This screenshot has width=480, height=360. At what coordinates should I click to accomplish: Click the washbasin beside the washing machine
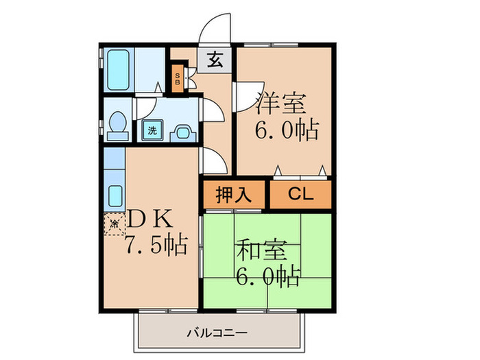click(x=182, y=131)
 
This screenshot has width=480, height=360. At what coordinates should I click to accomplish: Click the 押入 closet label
click(x=234, y=194)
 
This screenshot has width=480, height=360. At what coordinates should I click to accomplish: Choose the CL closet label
click(x=300, y=194)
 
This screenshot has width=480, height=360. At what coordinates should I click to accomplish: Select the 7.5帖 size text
click(x=156, y=245)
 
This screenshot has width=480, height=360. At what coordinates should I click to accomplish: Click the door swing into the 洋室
click(x=243, y=95)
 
